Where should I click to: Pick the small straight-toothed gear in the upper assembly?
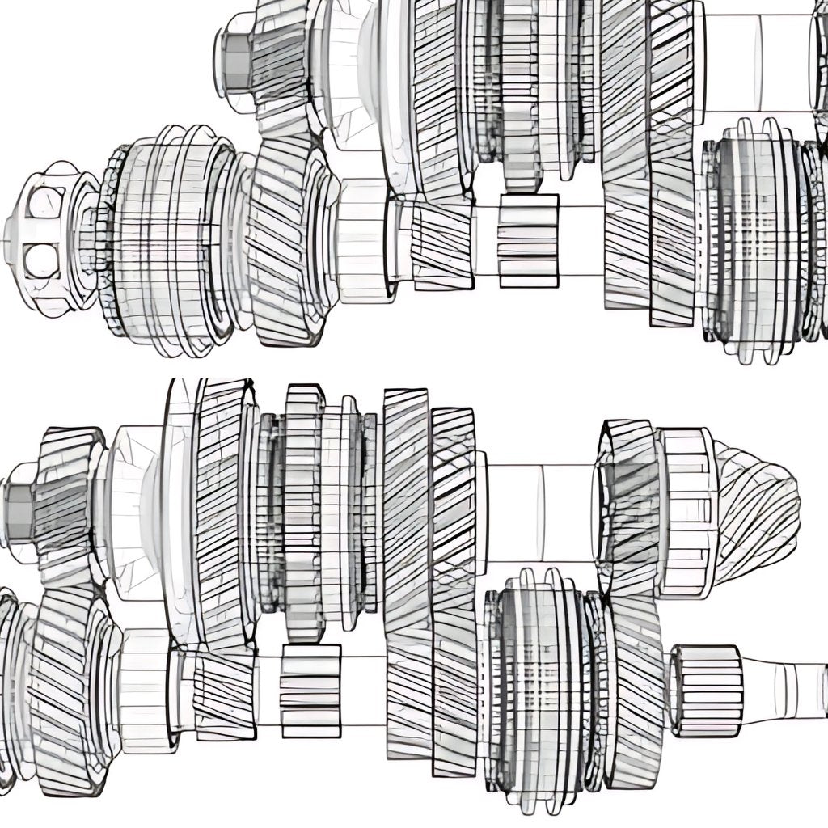(528, 241)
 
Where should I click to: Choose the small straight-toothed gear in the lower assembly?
(310, 690)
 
